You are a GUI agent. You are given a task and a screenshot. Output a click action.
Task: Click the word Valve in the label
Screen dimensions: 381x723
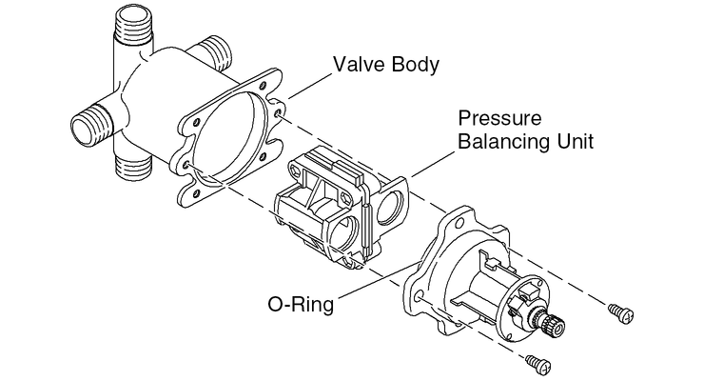[x=358, y=66]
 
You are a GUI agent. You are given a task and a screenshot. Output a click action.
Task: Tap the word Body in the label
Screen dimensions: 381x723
[x=413, y=66]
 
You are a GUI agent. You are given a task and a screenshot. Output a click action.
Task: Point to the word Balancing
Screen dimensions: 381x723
[x=505, y=143]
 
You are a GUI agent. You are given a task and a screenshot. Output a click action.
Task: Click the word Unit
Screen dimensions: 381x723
[x=576, y=143]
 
